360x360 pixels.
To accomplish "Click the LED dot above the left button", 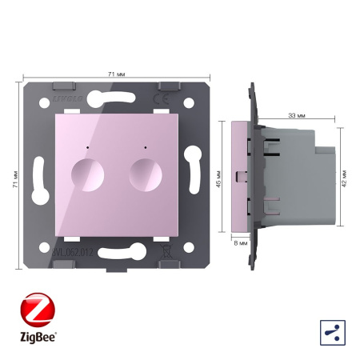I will (85, 148).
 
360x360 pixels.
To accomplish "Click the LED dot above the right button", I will (145, 148).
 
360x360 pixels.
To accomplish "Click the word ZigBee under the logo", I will (34, 334).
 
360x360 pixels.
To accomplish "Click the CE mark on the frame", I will (180, 99).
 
